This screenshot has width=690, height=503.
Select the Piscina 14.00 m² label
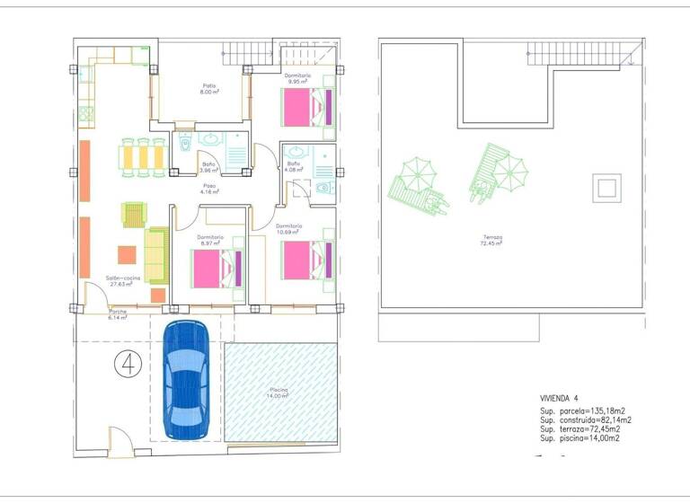click(x=279, y=393)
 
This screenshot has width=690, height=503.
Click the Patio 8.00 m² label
click(x=210, y=89)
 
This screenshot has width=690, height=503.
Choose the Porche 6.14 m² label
click(x=118, y=315)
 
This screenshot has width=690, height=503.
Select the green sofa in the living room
click(x=156, y=253)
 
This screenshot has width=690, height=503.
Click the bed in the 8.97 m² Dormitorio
click(x=217, y=267)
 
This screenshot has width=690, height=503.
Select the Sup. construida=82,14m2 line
click(x=586, y=420)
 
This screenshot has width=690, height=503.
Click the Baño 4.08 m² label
click(x=294, y=166)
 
